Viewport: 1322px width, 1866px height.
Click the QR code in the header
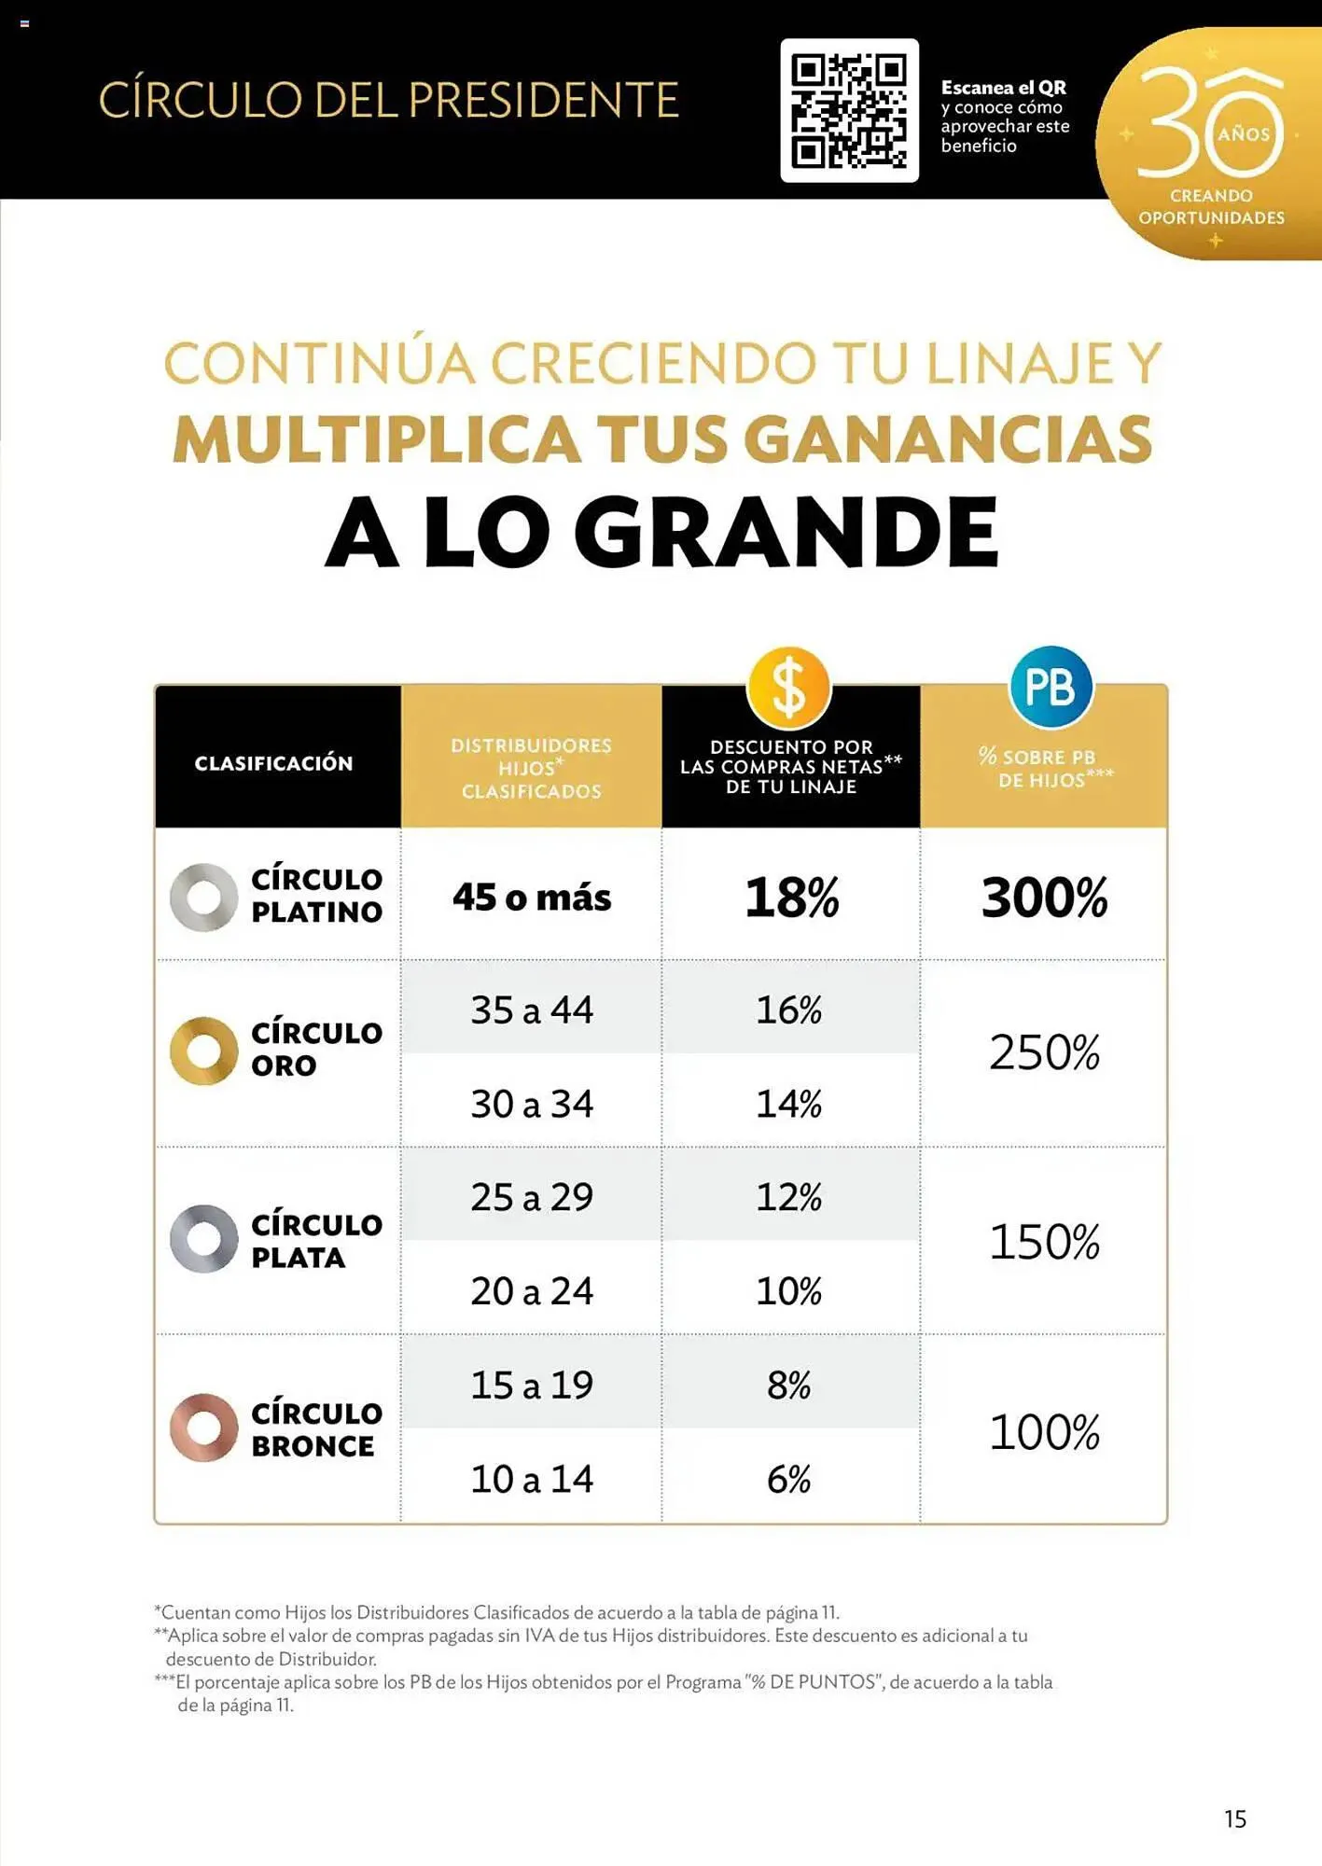[x=849, y=110]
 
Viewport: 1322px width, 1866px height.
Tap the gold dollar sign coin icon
[x=788, y=688]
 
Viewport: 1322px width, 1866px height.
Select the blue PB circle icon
[x=1051, y=688]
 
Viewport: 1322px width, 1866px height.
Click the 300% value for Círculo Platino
[x=1044, y=898]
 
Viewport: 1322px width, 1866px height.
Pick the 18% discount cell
[x=791, y=898]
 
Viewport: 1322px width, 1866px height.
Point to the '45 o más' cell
[x=532, y=898]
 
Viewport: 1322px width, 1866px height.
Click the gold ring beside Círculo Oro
[x=204, y=1051]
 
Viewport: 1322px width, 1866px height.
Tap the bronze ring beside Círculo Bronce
[x=204, y=1427]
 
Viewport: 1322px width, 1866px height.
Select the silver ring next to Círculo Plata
[x=204, y=1239]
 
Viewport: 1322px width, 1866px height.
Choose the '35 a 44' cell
[x=532, y=1010]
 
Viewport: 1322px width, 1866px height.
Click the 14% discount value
[x=789, y=1104]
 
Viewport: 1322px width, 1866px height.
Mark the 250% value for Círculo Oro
[x=1044, y=1052]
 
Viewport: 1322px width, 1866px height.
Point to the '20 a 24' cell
[x=532, y=1291]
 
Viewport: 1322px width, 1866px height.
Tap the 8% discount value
[x=789, y=1386]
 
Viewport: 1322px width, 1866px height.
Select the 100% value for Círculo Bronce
[x=1044, y=1432]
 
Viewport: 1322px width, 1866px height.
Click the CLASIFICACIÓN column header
[x=274, y=763]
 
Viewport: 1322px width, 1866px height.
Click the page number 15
[x=1235, y=1818]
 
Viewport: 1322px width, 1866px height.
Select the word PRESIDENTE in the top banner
[x=543, y=101]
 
